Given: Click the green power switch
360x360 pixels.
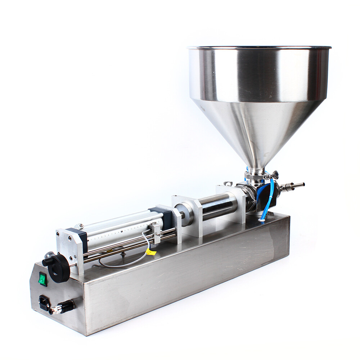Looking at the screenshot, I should coord(43,279).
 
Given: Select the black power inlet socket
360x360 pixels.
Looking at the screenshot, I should coord(44,303).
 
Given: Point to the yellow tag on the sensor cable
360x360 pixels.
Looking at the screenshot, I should coord(152,252).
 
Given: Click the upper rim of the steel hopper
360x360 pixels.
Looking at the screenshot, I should coord(259,48).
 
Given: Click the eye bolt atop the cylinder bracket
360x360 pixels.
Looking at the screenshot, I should coord(228,184).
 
